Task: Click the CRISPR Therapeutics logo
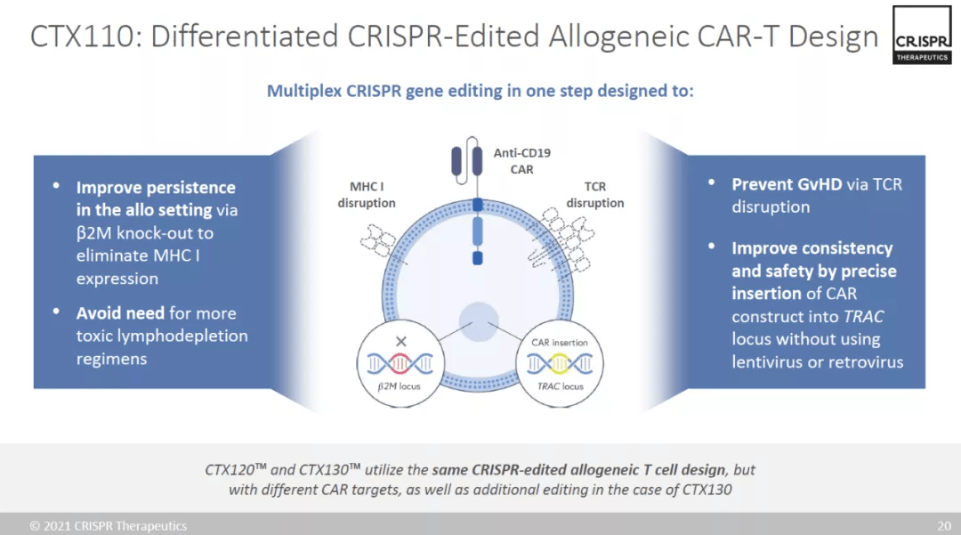pos(922,35)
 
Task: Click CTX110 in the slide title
pos(82,36)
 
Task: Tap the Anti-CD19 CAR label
pos(521,161)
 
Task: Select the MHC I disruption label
pos(367,194)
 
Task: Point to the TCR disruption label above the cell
pos(594,194)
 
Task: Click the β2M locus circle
pos(400,363)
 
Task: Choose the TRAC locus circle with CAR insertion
pos(560,363)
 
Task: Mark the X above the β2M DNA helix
pos(400,341)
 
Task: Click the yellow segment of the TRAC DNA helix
pos(560,364)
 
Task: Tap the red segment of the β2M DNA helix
pos(400,364)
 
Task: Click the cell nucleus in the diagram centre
pos(479,321)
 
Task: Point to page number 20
pos(944,526)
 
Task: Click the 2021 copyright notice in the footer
pos(109,526)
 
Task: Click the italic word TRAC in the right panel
pos(863,316)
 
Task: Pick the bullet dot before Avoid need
pos(56,312)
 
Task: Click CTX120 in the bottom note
pos(235,470)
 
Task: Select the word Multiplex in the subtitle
pos(304,91)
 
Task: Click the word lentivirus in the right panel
pos(767,361)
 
